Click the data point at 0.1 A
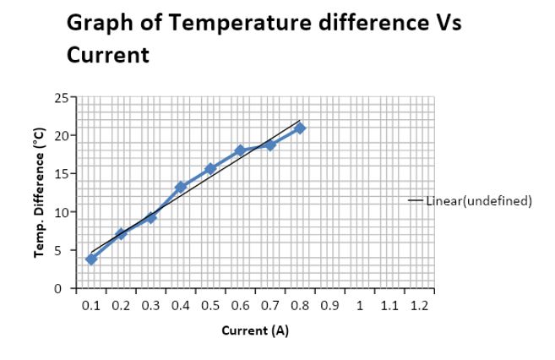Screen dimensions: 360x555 click(x=91, y=259)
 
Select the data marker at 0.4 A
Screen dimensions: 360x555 click(x=181, y=187)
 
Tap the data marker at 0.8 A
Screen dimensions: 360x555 click(x=300, y=128)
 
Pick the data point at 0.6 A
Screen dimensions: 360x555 click(x=240, y=150)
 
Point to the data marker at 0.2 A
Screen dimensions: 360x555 click(x=121, y=233)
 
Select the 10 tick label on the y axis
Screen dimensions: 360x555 click(x=62, y=212)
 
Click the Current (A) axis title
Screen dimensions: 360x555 click(x=255, y=330)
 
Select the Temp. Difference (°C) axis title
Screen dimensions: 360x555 click(x=39, y=193)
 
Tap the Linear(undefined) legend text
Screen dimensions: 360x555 click(x=478, y=201)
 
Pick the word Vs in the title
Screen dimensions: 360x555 click(x=447, y=23)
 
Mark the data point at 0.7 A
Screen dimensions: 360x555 click(x=270, y=145)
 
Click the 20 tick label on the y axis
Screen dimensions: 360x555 click(x=62, y=135)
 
